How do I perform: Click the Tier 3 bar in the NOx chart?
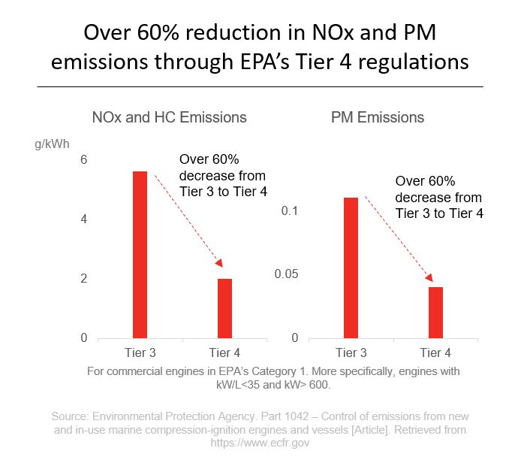coord(140,255)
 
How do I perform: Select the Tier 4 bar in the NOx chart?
coord(224,308)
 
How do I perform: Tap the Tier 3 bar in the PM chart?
coord(351,268)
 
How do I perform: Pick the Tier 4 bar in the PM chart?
coord(435,312)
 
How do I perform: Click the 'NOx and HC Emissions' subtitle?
coord(169,117)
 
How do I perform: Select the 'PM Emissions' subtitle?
coord(377,117)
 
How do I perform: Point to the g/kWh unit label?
coord(50,141)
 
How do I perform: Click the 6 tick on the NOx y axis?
coord(84,160)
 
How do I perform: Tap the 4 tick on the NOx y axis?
coord(84,219)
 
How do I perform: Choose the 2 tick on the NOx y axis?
coord(84,279)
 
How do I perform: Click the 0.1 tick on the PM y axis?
coord(291,210)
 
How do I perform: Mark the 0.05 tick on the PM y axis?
coord(286,274)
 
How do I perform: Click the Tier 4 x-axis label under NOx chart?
coord(224,353)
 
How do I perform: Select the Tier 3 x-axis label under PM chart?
coord(351,353)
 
